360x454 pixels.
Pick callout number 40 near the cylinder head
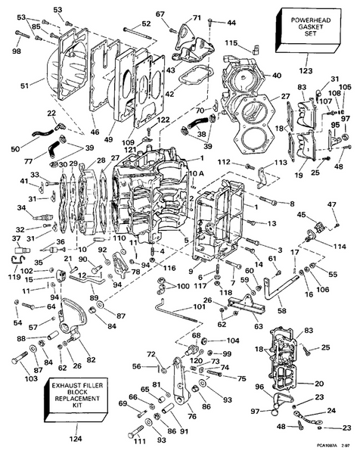276,75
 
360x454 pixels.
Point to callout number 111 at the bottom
139,440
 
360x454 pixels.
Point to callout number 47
331,206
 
